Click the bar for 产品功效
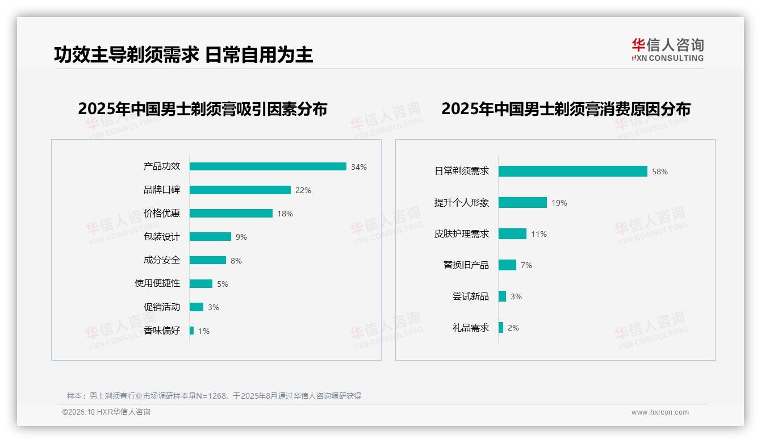[267, 166]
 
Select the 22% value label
[303, 190]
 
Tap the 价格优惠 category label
[162, 214]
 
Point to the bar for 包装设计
[210, 237]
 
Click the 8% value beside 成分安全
[236, 261]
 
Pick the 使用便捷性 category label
[157, 283]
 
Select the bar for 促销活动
[196, 307]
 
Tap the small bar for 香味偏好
[192, 331]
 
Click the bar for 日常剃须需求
[572, 171]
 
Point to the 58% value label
[660, 172]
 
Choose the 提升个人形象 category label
[462, 203]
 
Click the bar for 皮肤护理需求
[512, 234]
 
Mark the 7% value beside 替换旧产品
[526, 265]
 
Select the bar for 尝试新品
[502, 296]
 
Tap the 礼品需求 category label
[471, 328]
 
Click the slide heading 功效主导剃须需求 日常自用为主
[183, 55]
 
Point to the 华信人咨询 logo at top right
[667, 49]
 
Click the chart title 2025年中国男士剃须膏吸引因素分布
[203, 109]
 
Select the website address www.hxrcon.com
[660, 412]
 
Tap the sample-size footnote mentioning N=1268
[214, 396]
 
